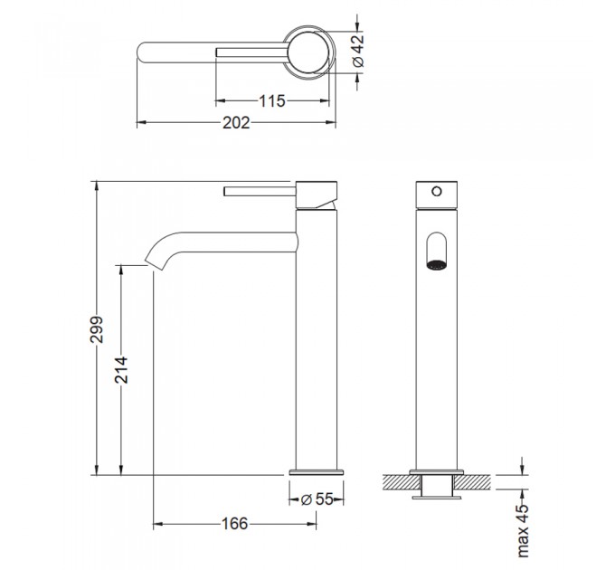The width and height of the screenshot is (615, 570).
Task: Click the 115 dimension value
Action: pos(272,100)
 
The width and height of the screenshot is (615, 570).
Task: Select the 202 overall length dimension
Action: pos(236,123)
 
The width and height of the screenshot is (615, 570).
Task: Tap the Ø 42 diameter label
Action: pos(358,51)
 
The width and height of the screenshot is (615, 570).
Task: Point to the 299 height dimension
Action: pos(96,328)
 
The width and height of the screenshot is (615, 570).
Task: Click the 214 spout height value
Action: pos(121,369)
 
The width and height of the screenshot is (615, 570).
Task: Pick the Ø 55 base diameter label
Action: pos(317,499)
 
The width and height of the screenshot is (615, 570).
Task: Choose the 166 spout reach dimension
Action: pos(235,523)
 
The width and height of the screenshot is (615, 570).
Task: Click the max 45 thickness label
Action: pos(523,531)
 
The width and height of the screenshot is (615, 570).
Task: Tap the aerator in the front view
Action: pos(437,265)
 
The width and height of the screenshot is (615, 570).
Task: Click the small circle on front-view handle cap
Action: pos(437,192)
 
